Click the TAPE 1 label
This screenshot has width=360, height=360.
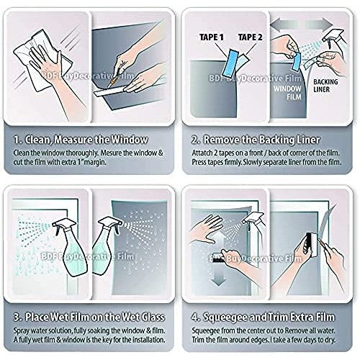coord(212,37)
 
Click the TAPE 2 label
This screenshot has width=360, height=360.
coord(250,37)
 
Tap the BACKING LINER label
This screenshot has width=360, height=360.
coord(325,86)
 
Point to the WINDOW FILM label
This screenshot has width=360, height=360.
coord(287,93)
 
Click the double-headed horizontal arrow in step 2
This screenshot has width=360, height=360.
coord(302,24)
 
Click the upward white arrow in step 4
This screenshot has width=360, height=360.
coord(219,240)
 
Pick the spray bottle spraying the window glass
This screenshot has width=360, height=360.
coord(70,247)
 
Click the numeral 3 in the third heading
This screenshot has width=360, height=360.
coord(17,318)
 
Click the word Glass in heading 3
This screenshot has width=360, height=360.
coord(153,317)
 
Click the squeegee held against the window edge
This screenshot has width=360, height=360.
coord(309,245)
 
